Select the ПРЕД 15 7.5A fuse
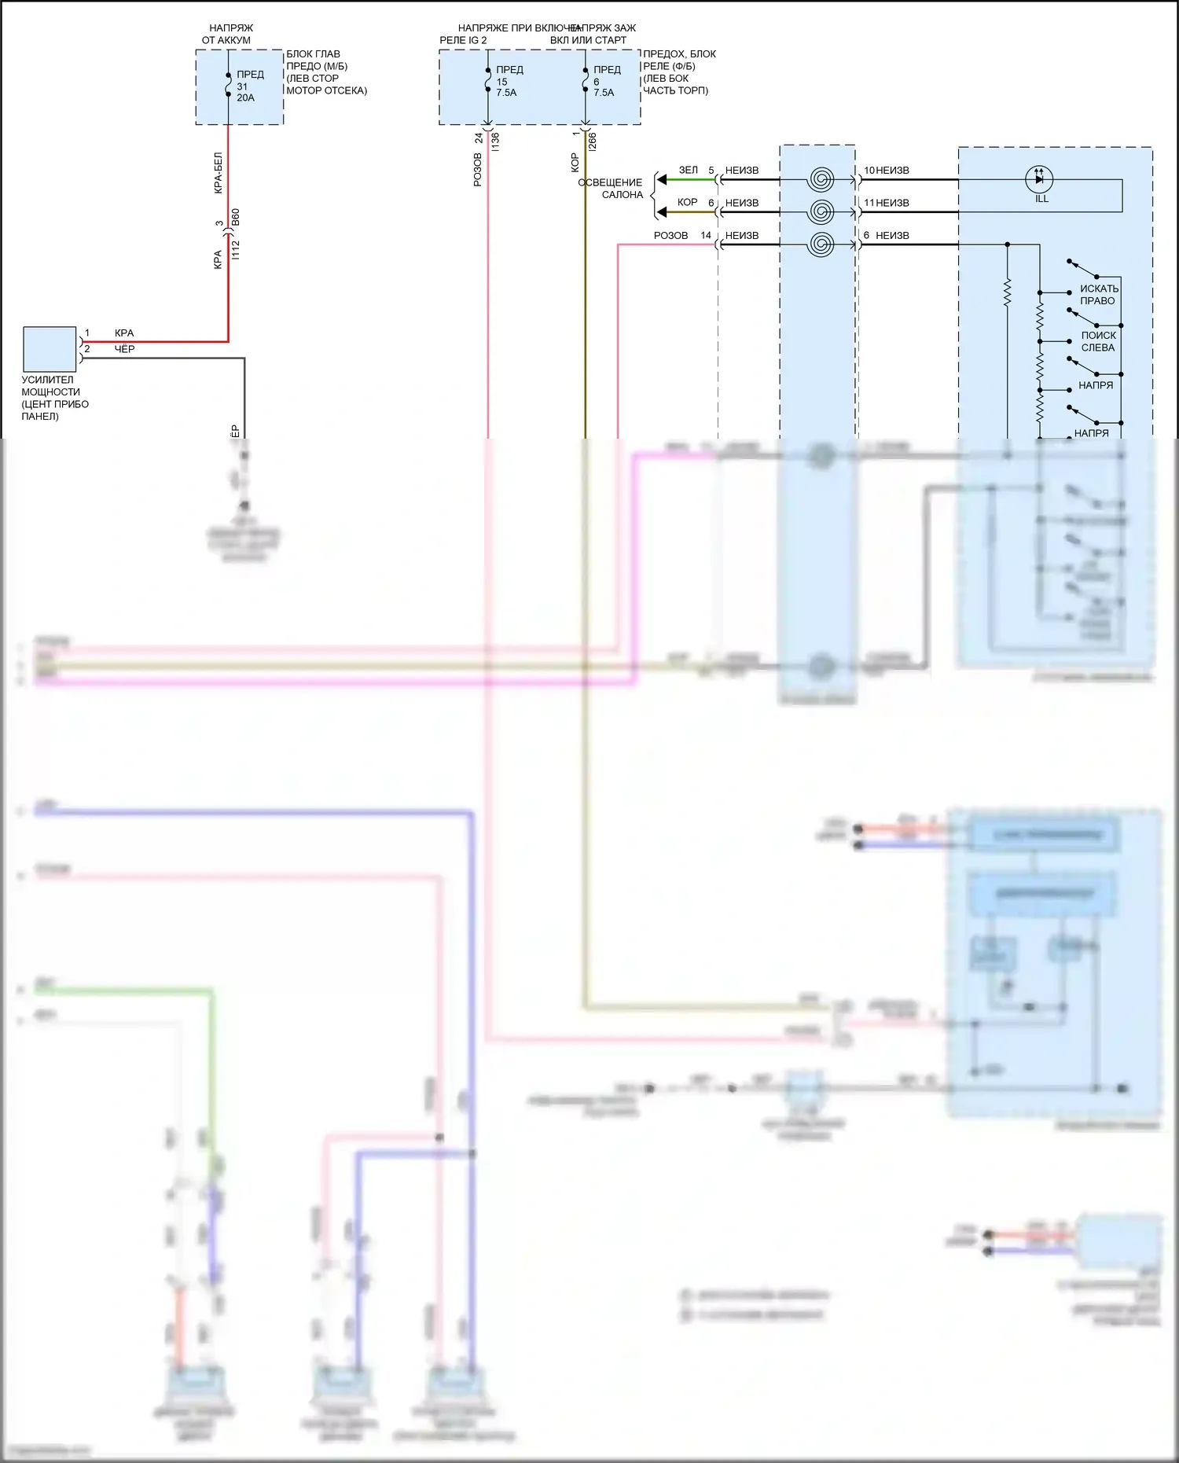488,81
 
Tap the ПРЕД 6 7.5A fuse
586,81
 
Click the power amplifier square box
50,349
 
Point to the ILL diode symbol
1039,179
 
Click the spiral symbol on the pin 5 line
821,179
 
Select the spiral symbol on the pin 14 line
821,244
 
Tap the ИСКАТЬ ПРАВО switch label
1098,295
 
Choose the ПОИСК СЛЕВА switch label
1098,341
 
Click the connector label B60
236,218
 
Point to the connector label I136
495,142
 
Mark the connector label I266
593,142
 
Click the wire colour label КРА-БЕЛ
219,173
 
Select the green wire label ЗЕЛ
689,170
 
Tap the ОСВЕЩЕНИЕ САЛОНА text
612,189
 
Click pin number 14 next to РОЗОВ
706,235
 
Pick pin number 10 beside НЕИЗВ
869,170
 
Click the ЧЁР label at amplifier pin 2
124,349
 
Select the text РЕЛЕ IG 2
463,40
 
